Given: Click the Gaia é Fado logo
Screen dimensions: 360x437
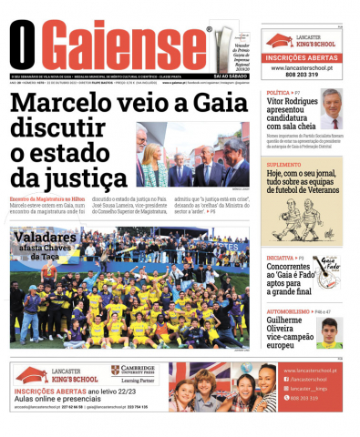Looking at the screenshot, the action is (x=328, y=269).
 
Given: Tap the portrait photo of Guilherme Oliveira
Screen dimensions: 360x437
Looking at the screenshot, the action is (x=330, y=332).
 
